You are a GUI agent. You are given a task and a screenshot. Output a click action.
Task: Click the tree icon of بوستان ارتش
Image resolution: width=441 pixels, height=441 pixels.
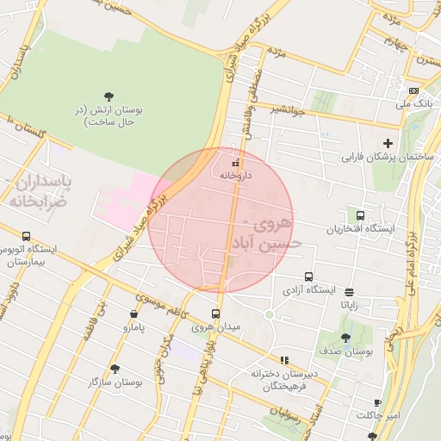tap(109, 96)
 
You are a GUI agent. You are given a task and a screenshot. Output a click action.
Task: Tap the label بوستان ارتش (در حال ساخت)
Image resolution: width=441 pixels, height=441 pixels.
tap(109, 117)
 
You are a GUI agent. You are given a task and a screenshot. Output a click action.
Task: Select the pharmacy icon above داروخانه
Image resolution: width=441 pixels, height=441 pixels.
tap(236, 161)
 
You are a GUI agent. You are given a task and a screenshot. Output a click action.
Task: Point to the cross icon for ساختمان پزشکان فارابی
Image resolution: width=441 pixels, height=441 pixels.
tap(388, 143)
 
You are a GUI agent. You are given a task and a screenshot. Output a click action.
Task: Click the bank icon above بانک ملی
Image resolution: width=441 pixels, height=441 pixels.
tap(414, 91)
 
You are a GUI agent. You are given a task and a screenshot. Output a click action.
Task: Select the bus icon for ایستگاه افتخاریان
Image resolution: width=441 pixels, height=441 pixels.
tap(359, 215)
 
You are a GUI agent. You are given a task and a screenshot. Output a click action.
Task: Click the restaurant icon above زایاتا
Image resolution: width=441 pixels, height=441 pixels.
tap(349, 291)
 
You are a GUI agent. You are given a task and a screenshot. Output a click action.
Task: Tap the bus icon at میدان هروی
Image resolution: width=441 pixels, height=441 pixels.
tap(215, 314)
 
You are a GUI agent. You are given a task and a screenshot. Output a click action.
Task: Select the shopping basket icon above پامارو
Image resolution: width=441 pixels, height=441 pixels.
tap(134, 314)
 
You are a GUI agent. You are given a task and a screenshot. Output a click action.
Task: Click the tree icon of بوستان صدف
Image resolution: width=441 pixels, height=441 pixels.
tap(345, 338)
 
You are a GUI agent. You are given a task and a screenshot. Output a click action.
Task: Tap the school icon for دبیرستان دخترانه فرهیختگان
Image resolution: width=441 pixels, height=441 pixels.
tap(284, 360)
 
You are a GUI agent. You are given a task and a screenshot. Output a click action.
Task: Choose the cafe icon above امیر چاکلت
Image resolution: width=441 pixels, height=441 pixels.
tap(377, 402)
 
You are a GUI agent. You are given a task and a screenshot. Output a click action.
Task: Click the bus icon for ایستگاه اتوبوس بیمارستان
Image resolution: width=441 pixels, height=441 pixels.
tap(27, 236)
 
